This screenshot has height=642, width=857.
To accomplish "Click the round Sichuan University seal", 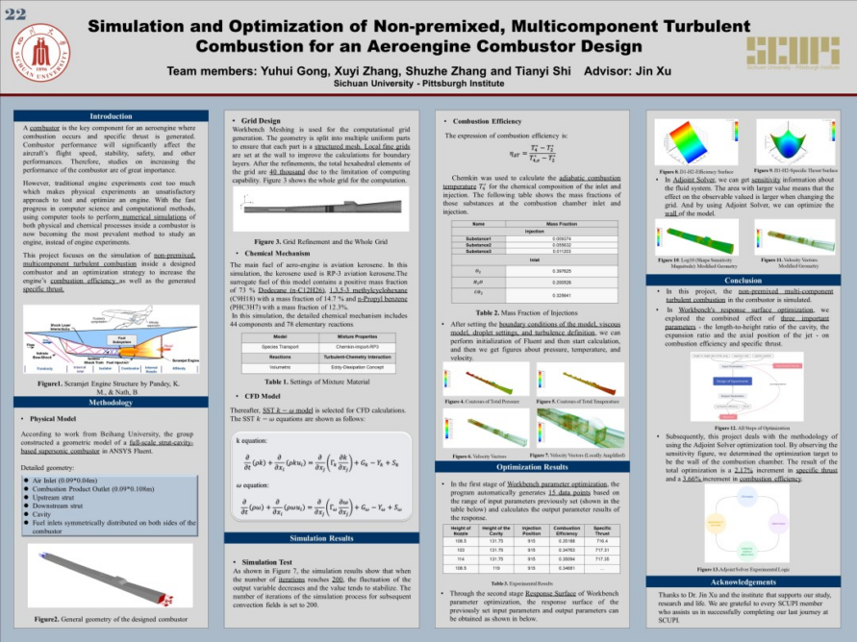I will (44, 53).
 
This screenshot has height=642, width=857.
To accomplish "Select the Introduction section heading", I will (111, 116).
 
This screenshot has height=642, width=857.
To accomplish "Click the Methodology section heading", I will (111, 403).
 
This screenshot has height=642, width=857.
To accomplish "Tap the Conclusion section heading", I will (743, 280).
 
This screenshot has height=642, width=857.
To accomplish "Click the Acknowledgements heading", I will (743, 582).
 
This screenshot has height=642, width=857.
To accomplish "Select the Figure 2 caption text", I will (111, 619).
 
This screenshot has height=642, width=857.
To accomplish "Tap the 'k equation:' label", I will (252, 440).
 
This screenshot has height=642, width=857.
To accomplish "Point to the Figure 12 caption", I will (741, 427).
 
